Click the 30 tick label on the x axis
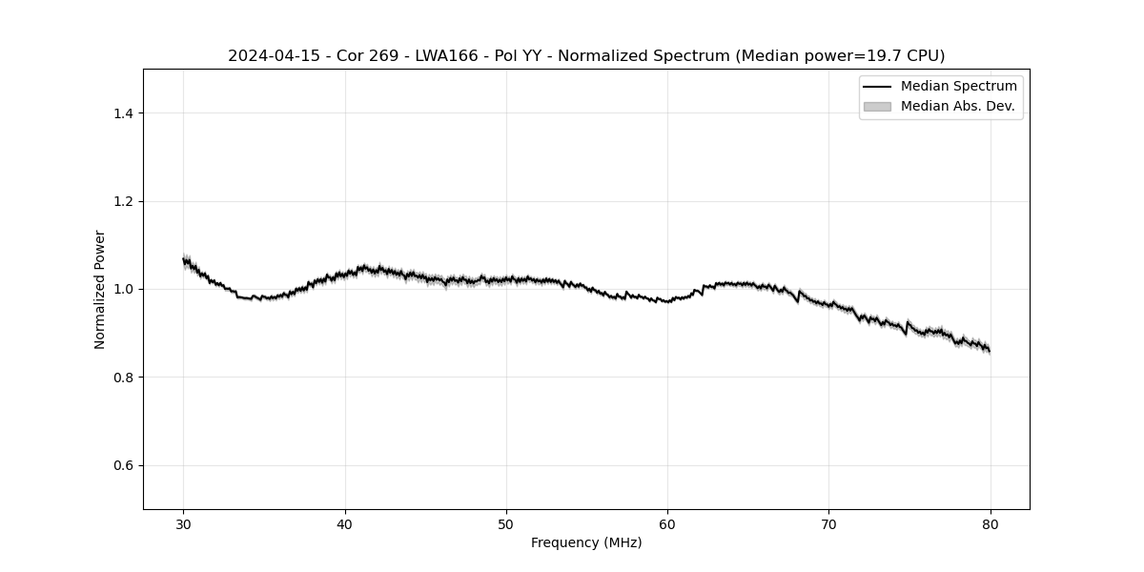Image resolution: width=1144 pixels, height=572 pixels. click(x=184, y=523)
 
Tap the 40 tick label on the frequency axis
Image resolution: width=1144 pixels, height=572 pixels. click(x=345, y=523)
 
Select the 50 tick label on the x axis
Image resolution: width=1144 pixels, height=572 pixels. click(x=506, y=523)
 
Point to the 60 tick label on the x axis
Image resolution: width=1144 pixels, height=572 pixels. click(x=667, y=523)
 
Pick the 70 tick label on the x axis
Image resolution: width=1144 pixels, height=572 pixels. click(x=829, y=523)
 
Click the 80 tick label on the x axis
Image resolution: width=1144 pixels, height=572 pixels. click(x=991, y=523)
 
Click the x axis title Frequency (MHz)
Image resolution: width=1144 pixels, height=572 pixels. click(x=586, y=542)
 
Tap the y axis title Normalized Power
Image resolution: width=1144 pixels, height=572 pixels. click(x=100, y=289)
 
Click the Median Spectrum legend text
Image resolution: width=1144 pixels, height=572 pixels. click(x=958, y=87)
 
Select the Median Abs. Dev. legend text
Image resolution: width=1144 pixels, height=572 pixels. click(x=957, y=107)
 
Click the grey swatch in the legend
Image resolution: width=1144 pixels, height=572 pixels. click(x=877, y=107)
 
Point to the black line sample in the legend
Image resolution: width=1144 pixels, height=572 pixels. click(x=877, y=87)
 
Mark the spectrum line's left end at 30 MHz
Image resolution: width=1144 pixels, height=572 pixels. click(x=184, y=259)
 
